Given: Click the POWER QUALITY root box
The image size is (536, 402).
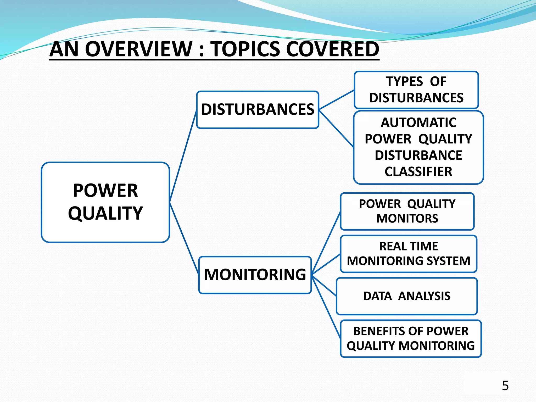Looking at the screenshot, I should coord(105,202).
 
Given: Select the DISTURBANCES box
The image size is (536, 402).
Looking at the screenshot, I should coord(258,110).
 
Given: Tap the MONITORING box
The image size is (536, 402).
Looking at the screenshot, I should coord(255,275).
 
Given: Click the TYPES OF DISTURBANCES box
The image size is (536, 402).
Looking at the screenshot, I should coord(416,90).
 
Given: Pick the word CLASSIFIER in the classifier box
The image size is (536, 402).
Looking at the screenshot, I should coord(418,172).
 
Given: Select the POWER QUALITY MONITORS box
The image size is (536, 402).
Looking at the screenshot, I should coord(407,211).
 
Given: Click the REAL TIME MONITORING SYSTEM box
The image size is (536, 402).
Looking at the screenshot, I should coord(408,254).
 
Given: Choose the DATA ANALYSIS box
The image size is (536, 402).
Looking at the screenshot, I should coord(407,296).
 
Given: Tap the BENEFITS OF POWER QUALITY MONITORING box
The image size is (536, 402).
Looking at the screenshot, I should coord(411,338).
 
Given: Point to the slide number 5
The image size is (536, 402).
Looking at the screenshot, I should coord(505,386).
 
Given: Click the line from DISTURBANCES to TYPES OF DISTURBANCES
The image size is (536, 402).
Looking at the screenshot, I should coord(337,100).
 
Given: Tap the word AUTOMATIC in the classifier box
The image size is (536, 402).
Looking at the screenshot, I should coord(418,122).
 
